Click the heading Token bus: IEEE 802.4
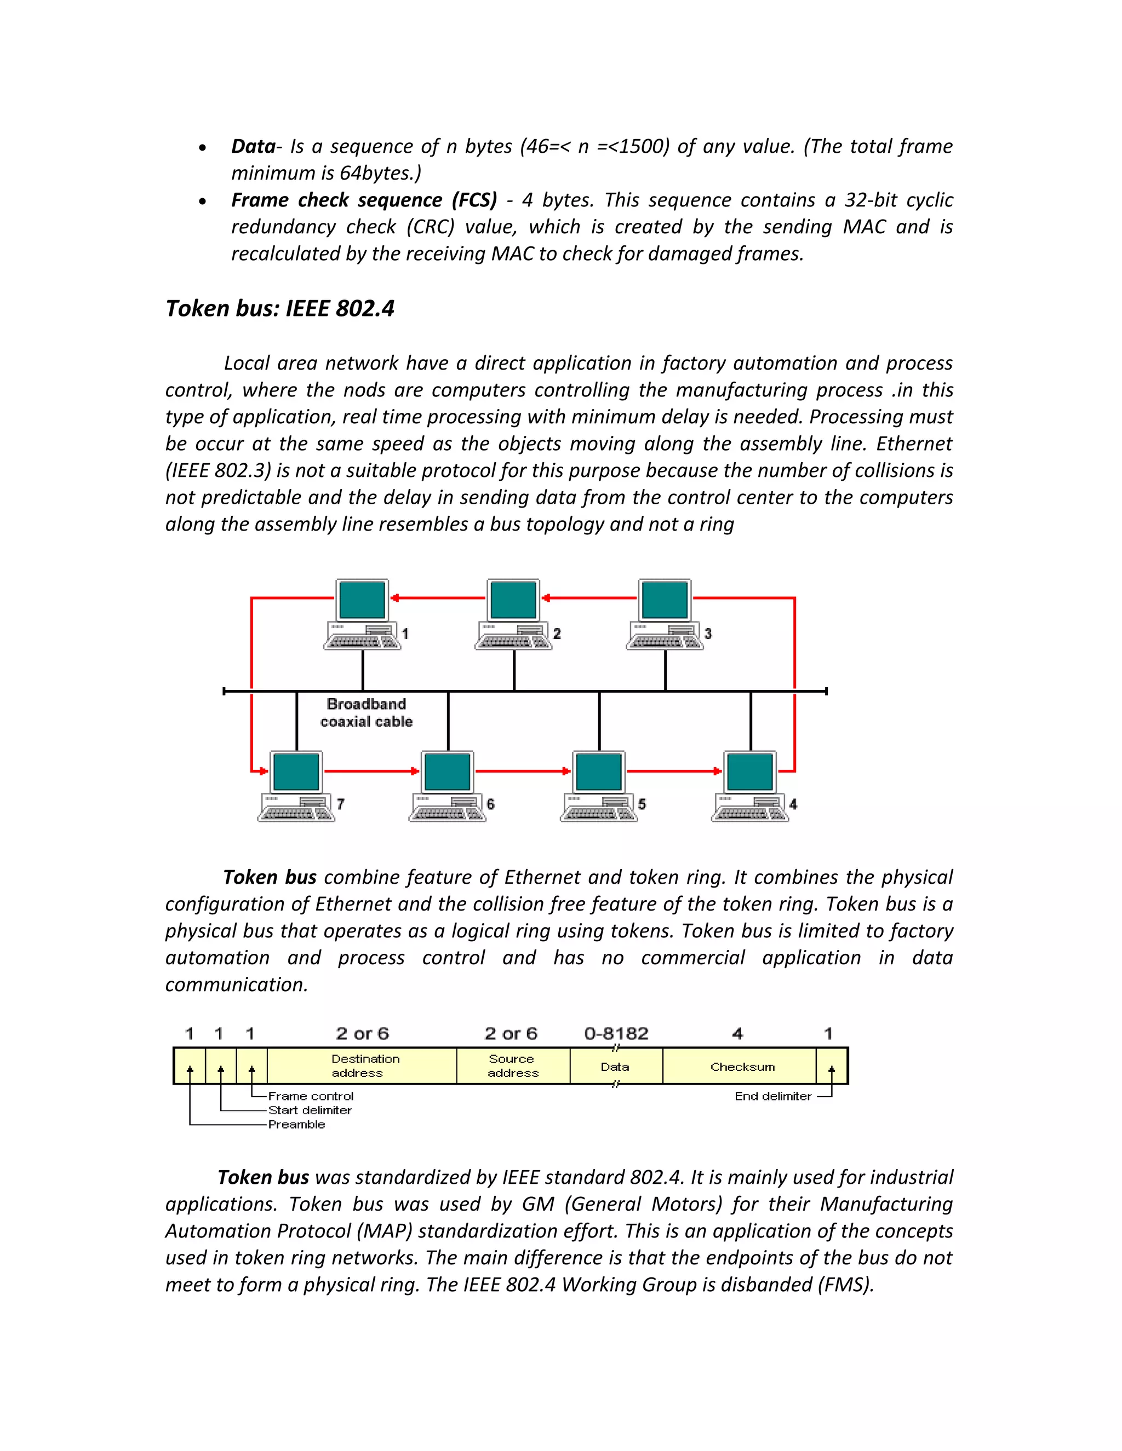point(280,308)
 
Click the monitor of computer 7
point(296,771)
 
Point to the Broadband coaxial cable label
point(367,713)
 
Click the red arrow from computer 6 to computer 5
point(523,771)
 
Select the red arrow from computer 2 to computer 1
point(439,598)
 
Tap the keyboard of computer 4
point(743,813)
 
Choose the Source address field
point(512,1066)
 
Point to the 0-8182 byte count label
point(616,1033)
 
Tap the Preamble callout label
point(296,1124)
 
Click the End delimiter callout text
point(773,1096)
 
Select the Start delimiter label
point(310,1110)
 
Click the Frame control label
point(311,1096)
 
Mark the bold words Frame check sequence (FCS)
point(364,200)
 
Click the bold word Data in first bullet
point(253,146)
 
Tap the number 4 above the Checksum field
point(737,1033)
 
